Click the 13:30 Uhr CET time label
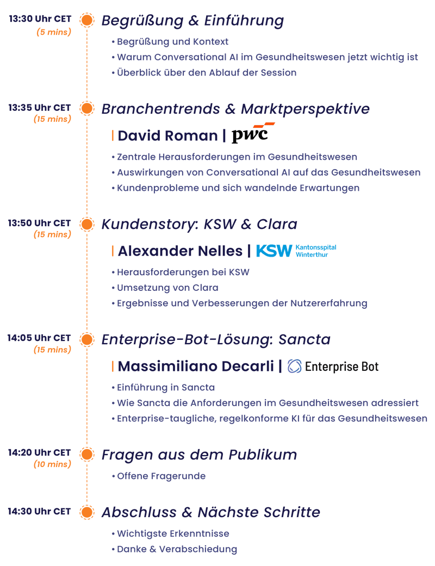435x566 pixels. (40, 19)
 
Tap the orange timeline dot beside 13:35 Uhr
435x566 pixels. (86, 108)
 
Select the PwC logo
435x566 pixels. (253, 133)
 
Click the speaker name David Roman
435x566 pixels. (168, 136)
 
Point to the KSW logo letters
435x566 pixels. (274, 251)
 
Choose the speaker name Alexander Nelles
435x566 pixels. (180, 251)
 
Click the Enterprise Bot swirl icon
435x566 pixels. (294, 366)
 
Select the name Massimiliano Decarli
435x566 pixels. (196, 366)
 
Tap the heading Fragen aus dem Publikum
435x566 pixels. (199, 455)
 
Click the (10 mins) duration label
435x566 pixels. (52, 464)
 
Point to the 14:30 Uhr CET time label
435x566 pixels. (39, 512)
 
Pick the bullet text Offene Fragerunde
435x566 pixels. (161, 476)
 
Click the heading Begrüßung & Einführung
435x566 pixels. (193, 21)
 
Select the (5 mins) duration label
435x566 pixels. (54, 32)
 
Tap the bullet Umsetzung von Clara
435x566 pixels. (167, 288)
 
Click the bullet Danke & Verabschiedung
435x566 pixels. (177, 549)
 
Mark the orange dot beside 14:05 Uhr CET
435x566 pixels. (86, 339)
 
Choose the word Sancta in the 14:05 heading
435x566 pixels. (304, 339)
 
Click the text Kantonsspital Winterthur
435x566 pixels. (316, 251)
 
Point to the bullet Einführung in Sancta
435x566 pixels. (166, 387)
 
